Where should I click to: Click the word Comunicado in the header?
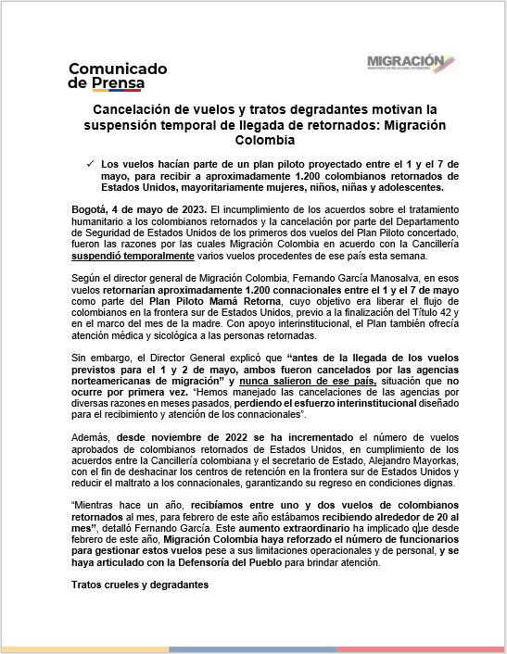(x=118, y=69)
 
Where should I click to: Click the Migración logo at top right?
(x=410, y=63)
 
